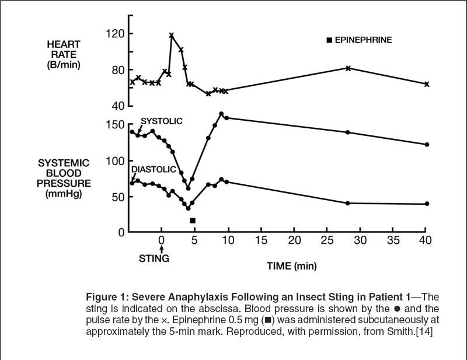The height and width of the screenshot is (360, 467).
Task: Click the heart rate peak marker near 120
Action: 171,36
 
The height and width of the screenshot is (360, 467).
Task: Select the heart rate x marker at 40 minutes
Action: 427,84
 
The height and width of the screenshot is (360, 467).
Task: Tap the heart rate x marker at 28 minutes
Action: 348,68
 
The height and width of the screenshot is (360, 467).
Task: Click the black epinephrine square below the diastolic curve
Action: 193,220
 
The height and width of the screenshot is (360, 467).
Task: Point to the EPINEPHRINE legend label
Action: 363,40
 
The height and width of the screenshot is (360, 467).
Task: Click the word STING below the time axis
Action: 154,258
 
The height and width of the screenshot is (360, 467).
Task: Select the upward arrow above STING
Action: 161,247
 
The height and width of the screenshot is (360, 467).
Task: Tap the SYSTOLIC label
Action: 162,121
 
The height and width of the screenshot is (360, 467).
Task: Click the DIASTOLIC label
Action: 154,169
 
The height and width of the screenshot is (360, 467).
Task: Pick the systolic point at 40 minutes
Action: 427,144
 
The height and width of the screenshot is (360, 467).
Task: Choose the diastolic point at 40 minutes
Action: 427,204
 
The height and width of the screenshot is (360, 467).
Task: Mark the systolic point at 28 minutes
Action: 348,132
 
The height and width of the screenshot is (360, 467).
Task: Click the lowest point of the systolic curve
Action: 188,188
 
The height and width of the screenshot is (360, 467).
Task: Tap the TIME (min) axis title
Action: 291,266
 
